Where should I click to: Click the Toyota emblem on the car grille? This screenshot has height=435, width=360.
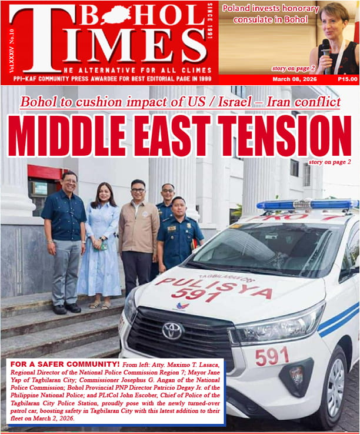pos(172,331)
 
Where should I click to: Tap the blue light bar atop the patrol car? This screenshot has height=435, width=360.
pos(306,205)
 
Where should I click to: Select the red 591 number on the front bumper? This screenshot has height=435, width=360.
pos(272,356)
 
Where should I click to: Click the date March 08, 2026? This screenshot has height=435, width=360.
pos(292,79)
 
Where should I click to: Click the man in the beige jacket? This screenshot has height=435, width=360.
pos(138,235)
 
